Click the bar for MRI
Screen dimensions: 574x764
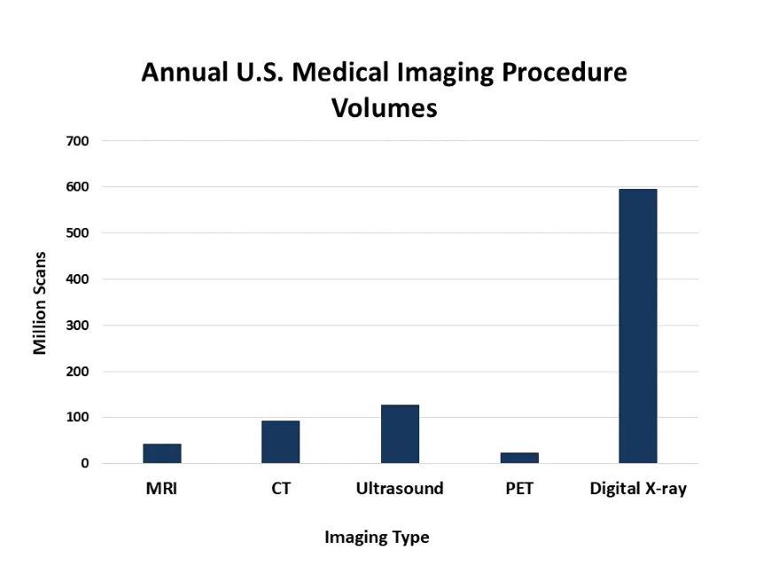coord(162,453)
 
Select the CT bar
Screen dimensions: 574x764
coord(280,442)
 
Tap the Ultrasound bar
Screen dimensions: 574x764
coord(400,434)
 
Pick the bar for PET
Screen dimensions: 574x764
coord(519,458)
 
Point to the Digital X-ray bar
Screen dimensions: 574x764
coord(638,326)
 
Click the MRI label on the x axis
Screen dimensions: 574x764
coord(162,489)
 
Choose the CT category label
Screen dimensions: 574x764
coord(281,489)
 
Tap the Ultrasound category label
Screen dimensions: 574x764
coord(400,489)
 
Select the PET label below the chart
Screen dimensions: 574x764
coord(519,489)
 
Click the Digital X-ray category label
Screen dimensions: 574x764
coord(638,489)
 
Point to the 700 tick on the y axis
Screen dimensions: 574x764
coord(77,141)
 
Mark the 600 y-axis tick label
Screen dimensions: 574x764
coord(77,187)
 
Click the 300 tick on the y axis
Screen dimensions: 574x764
coord(77,326)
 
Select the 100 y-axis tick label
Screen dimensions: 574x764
coord(77,417)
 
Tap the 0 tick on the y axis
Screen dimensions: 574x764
coord(84,463)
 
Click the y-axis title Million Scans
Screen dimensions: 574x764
coord(40,303)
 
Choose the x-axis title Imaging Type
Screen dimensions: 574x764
coord(377,538)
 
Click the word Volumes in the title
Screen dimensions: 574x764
coord(384,108)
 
